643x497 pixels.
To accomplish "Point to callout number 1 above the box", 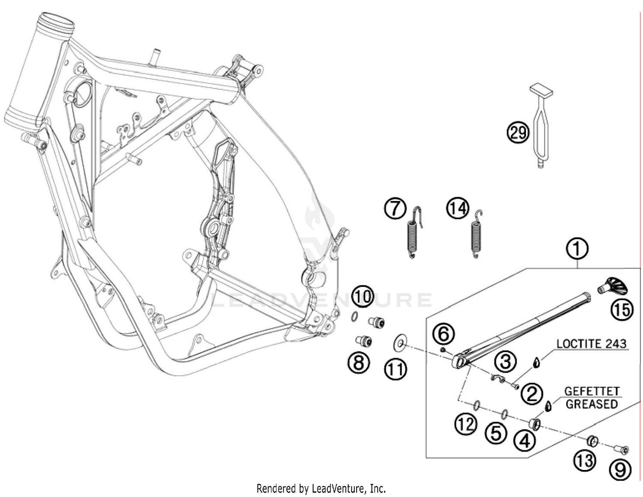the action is click(577, 249).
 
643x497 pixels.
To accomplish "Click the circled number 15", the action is click(622, 310).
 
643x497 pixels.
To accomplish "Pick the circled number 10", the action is click(363, 296).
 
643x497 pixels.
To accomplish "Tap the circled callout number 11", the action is click(395, 369).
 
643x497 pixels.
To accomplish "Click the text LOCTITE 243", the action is click(592, 343).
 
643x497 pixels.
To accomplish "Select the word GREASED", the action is click(592, 404).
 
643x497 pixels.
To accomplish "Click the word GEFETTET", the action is click(592, 392).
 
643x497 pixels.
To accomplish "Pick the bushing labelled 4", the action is click(535, 424).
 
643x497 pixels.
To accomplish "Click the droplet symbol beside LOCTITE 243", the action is click(536, 362).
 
